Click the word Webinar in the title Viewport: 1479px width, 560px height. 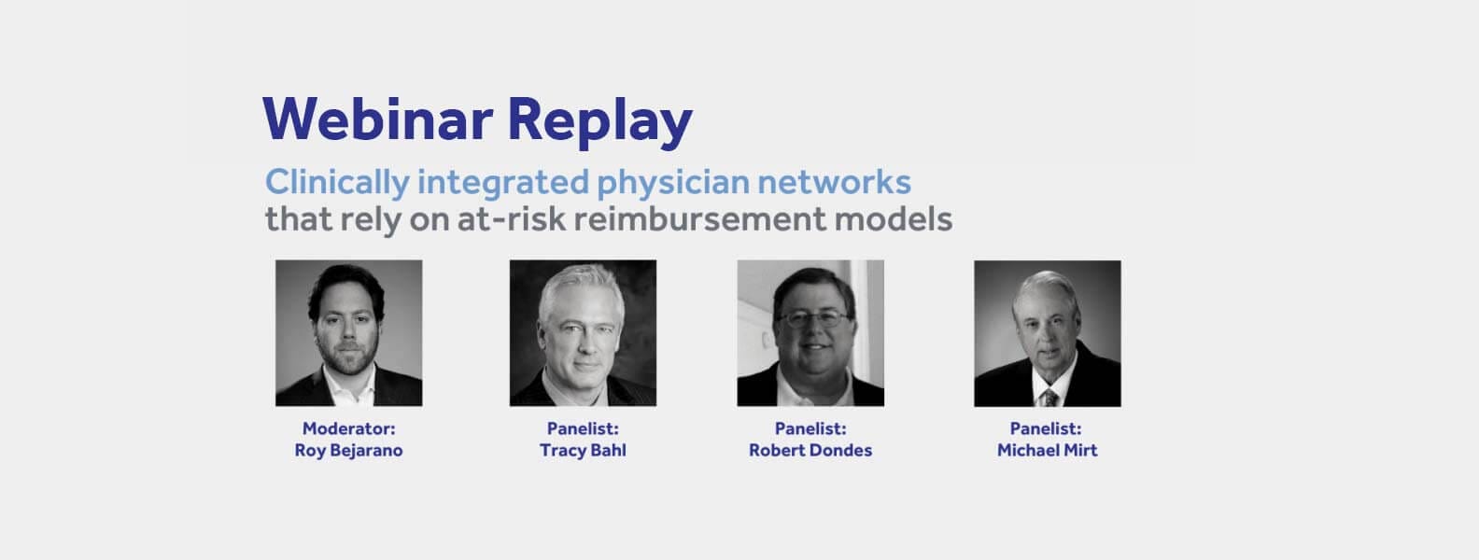377,119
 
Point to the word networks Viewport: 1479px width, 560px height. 835,182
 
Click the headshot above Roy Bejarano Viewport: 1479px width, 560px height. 348,333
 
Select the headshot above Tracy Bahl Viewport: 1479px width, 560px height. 583,333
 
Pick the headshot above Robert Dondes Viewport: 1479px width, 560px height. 810,333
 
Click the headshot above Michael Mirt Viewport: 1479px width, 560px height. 1048,333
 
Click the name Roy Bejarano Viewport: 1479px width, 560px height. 348,451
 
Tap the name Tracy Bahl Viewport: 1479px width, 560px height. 583,451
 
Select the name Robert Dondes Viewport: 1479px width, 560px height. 810,451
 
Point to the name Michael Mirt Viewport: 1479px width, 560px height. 1048,451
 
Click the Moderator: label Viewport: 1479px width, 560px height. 348,428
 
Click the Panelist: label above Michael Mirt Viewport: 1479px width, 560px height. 1046,428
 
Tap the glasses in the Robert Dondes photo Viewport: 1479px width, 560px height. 813,320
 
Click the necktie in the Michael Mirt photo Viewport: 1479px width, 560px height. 1049,398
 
